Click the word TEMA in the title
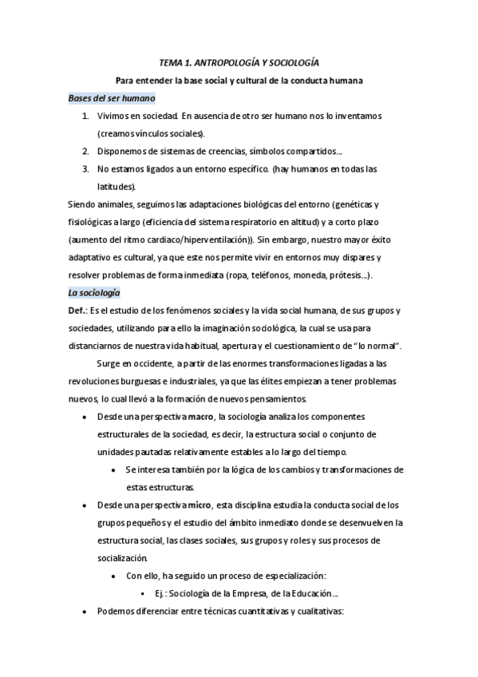click(x=170, y=62)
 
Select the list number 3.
click(x=86, y=168)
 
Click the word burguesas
click(x=148, y=381)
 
